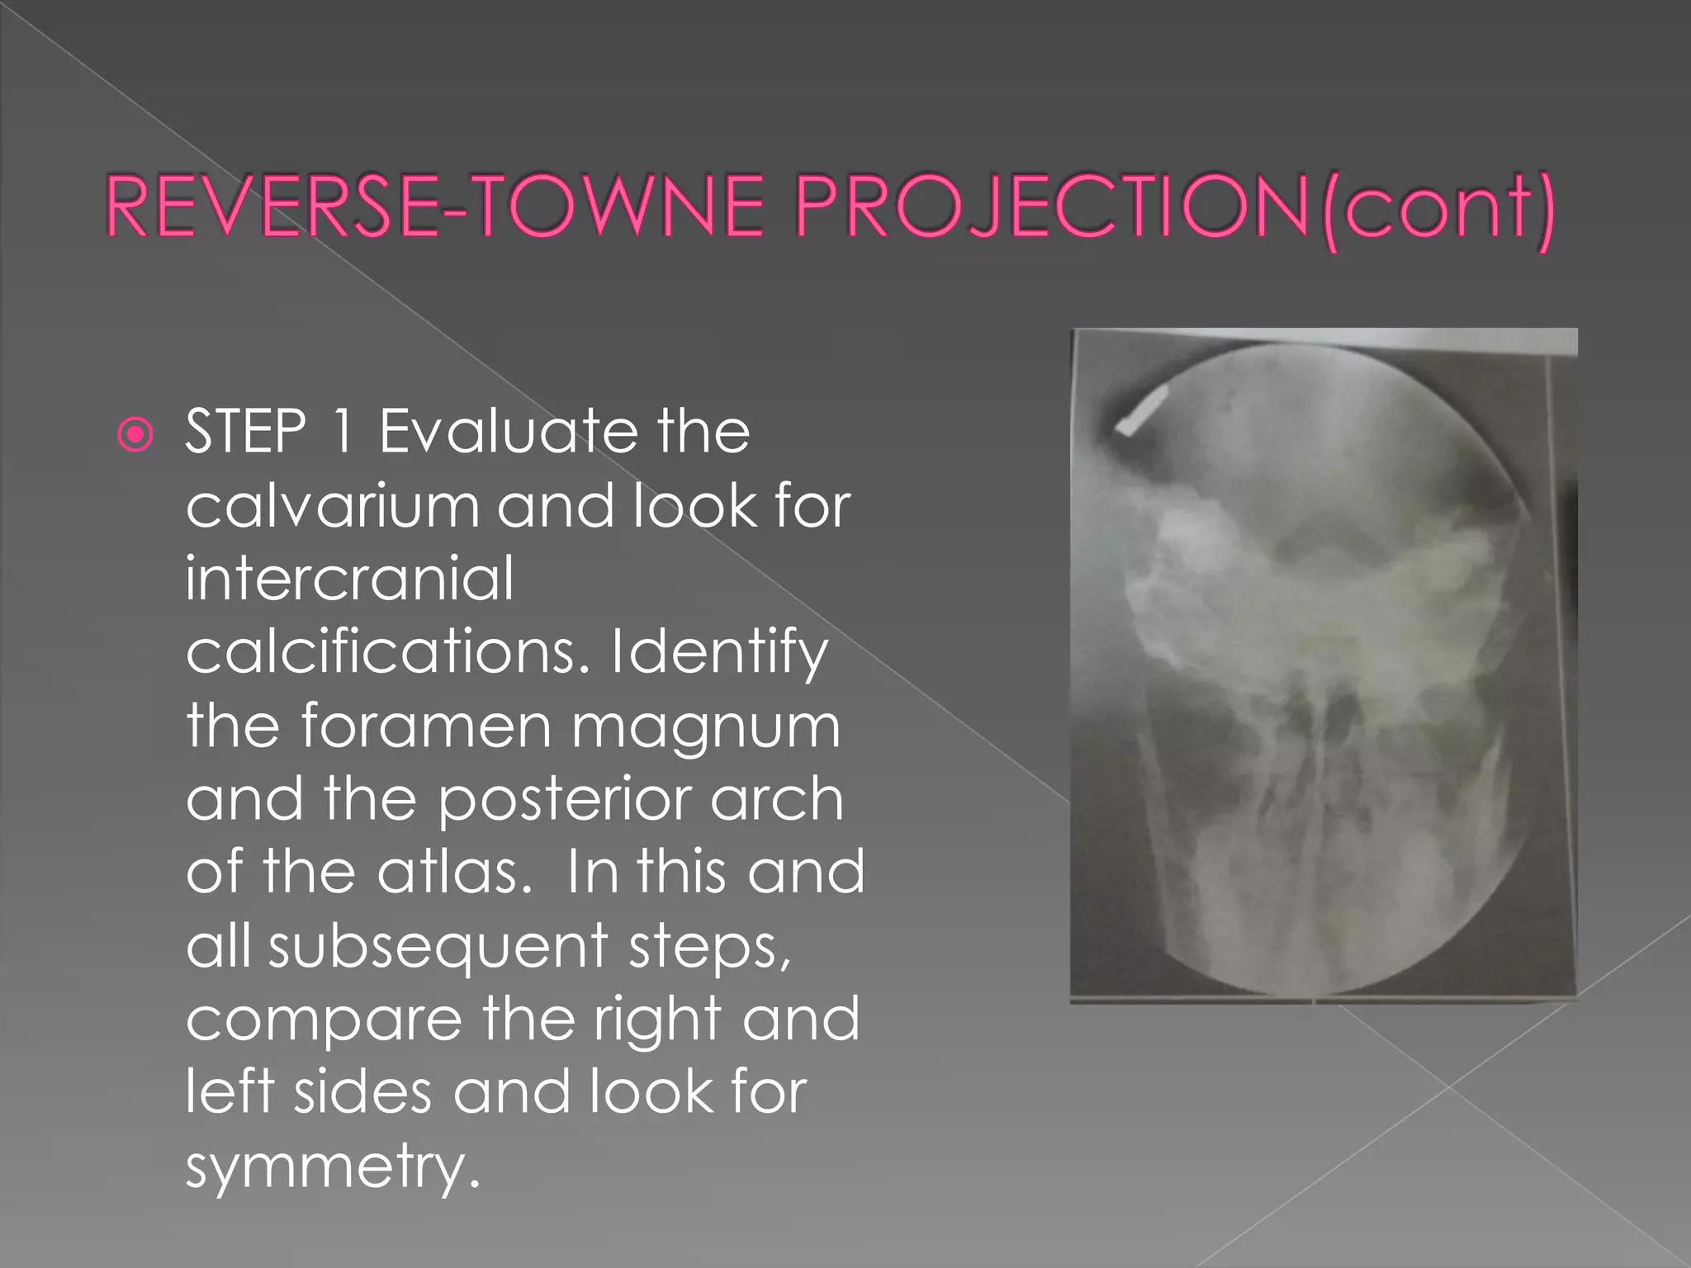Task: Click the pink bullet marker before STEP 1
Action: coord(135,434)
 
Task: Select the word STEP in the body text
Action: coord(246,432)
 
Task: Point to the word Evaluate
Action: coord(508,432)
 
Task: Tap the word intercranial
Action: coord(350,578)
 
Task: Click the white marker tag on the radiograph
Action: coord(1141,410)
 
